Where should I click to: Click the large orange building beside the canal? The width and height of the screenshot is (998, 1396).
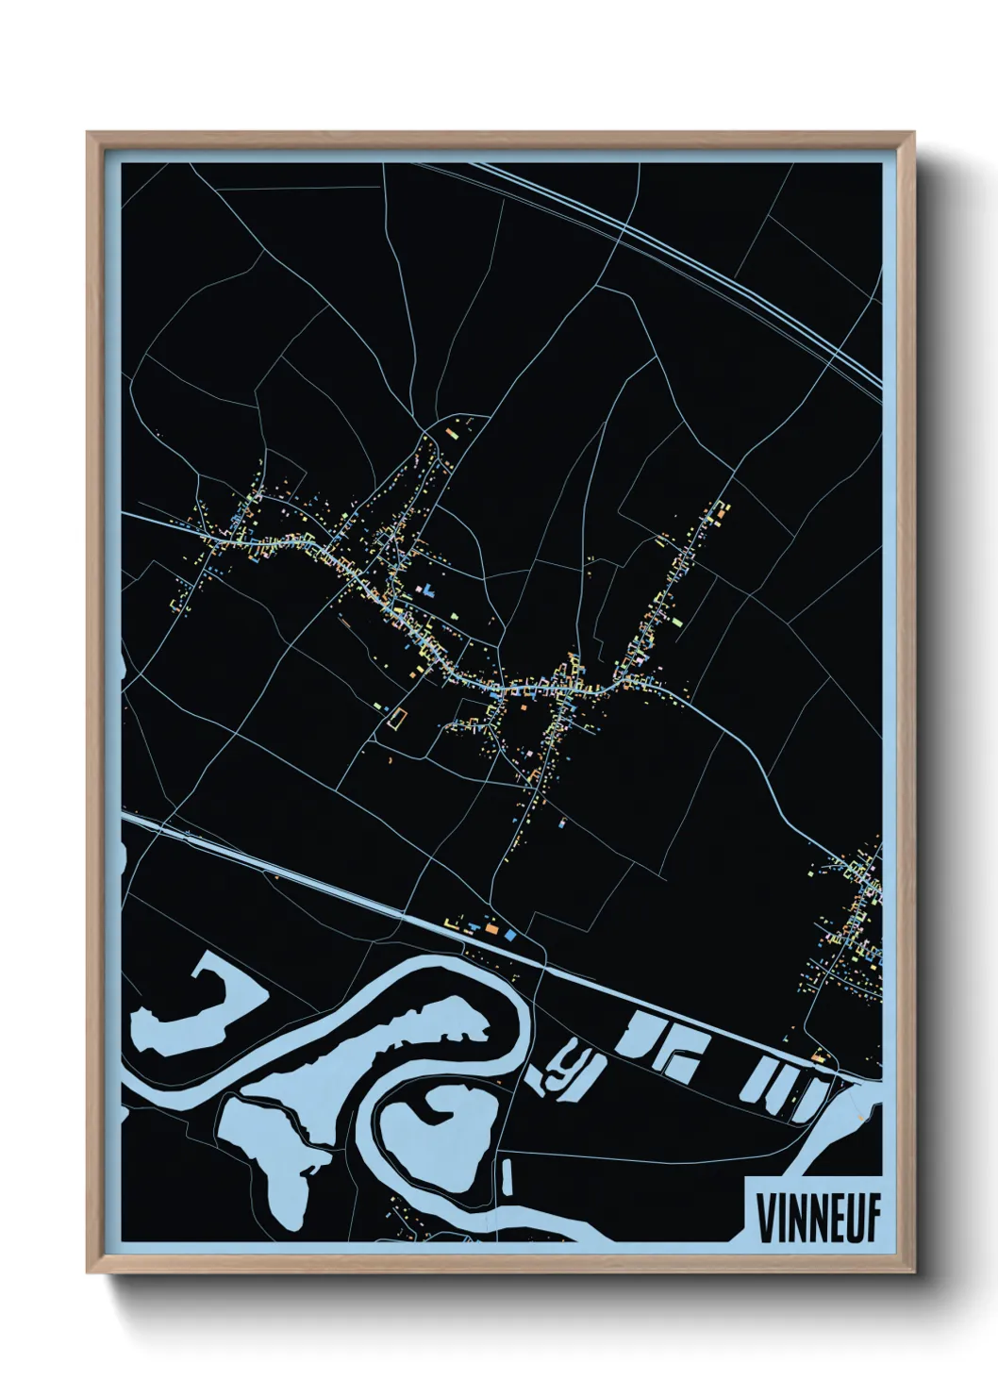[491, 929]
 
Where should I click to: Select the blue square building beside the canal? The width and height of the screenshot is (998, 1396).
[510, 933]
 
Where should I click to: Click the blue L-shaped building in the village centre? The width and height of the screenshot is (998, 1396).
[429, 592]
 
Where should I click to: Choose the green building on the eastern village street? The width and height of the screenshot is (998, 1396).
[675, 621]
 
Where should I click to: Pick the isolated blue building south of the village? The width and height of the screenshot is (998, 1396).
[563, 823]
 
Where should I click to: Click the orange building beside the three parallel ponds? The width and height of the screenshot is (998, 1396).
[819, 1057]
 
